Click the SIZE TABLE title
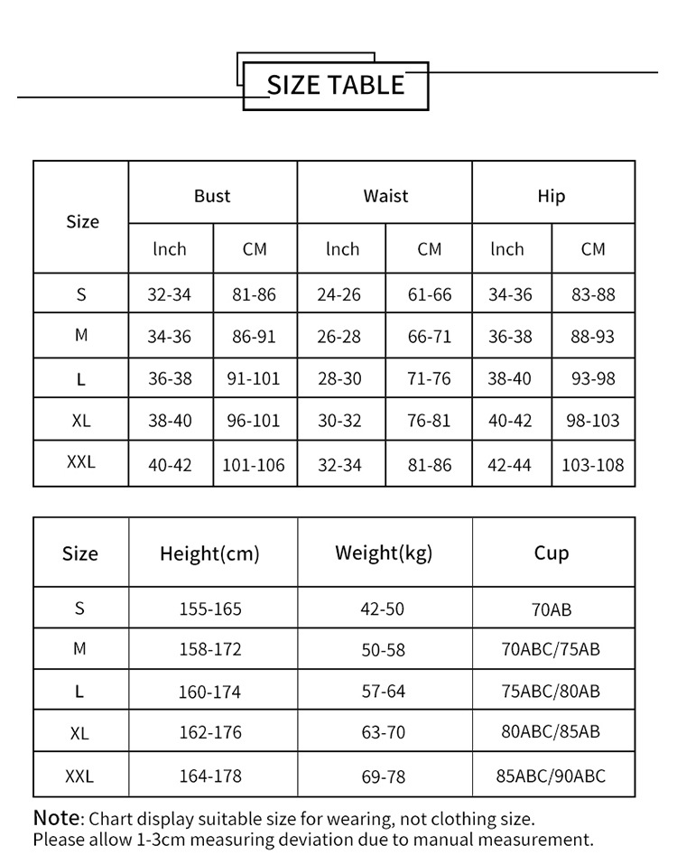336,85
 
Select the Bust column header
212,196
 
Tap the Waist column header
385,196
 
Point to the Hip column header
552,196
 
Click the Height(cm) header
209,553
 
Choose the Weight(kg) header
384,553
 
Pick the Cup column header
552,553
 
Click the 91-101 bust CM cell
254,379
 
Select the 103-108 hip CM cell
593,465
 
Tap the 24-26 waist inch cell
339,294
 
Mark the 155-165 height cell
210,609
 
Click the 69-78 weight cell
384,776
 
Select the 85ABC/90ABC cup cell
552,776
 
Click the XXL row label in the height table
79,776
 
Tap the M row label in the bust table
81,335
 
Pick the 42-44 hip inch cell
510,465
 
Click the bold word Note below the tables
57,818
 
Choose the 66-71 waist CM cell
429,337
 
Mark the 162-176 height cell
210,733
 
